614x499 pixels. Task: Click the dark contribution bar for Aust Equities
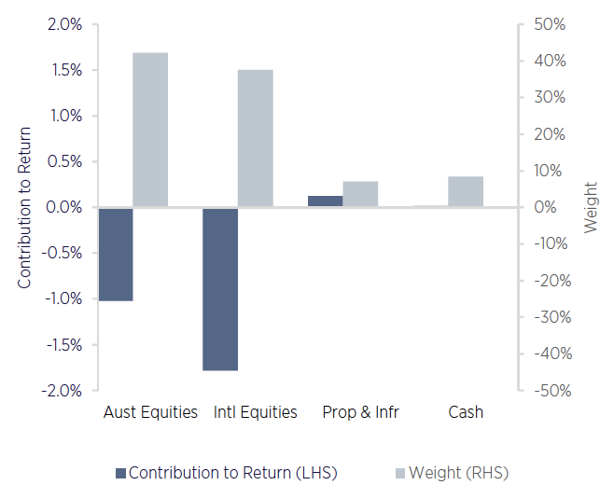tap(116, 254)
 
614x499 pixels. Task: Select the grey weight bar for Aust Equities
tap(150, 130)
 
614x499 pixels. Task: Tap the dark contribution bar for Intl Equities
tap(221, 289)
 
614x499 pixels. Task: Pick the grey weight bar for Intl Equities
tap(256, 138)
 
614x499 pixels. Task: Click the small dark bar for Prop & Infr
tap(326, 201)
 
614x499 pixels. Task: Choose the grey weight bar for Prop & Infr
tap(360, 194)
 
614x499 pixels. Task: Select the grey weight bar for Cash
tap(466, 191)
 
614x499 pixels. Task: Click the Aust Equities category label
tap(150, 412)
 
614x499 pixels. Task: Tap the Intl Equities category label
tap(256, 412)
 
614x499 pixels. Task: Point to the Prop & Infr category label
tap(360, 412)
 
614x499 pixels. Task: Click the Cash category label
tap(466, 412)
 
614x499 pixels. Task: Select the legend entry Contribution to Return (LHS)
tap(232, 473)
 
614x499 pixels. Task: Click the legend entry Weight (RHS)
tap(458, 473)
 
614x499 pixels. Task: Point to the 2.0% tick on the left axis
tap(64, 24)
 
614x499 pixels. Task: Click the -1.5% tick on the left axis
tap(62, 345)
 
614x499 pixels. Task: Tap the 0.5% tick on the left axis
tap(64, 161)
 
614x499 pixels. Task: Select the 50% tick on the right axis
tap(548, 24)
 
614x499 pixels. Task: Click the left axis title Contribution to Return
tap(24, 207)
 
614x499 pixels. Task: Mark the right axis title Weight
tap(592, 207)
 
